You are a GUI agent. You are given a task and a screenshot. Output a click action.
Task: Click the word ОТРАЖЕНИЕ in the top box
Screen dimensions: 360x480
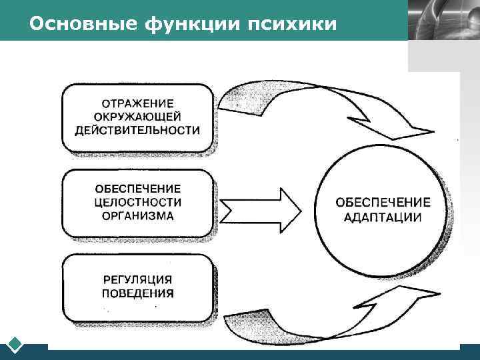pos(137,104)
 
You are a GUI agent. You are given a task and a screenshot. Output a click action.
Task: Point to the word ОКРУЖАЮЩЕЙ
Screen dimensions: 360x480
pos(137,117)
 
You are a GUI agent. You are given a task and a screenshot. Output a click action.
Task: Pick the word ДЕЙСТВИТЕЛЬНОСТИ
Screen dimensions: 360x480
pos(137,130)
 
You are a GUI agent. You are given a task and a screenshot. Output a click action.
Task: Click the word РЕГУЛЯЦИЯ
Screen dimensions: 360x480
pos(138,279)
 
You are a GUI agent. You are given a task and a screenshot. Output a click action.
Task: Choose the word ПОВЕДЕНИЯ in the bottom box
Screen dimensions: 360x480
pos(138,293)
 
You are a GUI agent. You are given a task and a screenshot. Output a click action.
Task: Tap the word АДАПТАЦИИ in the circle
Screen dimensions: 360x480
pos(383,217)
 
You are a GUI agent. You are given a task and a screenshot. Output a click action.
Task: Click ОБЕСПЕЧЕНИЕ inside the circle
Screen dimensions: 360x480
pos(383,202)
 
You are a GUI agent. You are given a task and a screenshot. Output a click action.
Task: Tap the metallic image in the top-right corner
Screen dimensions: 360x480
pos(443,20)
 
